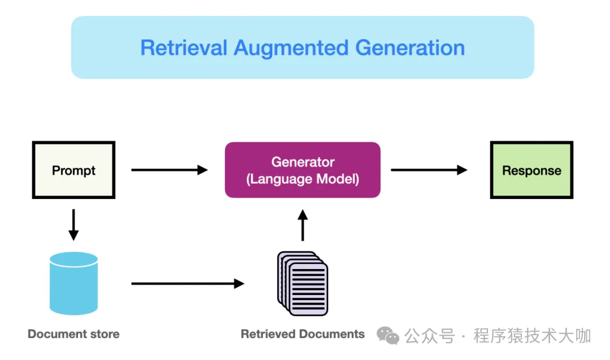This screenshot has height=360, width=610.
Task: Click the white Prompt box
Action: tap(73, 170)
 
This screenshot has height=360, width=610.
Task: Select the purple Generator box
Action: tap(303, 170)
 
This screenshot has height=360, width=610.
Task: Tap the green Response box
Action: tap(531, 170)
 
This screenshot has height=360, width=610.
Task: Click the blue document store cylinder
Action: tap(73, 283)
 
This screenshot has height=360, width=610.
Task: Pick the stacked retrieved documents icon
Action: tap(303, 283)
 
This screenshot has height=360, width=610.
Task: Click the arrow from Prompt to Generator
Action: tap(169, 170)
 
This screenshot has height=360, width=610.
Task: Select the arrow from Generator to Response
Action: tap(429, 170)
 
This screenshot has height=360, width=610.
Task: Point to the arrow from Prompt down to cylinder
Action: tap(73, 224)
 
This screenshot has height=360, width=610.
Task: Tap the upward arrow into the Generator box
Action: tap(303, 225)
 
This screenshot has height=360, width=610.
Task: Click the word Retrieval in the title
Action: tap(184, 47)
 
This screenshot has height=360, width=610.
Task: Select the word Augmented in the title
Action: tap(291, 47)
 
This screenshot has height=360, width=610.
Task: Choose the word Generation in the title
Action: tap(410, 47)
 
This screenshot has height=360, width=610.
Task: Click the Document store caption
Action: tap(73, 334)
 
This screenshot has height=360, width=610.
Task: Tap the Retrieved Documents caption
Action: tap(303, 334)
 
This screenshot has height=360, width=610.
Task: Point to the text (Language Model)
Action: tap(303, 180)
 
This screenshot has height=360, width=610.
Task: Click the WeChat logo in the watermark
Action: tap(388, 336)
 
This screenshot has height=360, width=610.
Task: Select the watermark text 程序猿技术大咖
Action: tap(532, 336)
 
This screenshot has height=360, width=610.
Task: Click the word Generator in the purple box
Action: tap(303, 162)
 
